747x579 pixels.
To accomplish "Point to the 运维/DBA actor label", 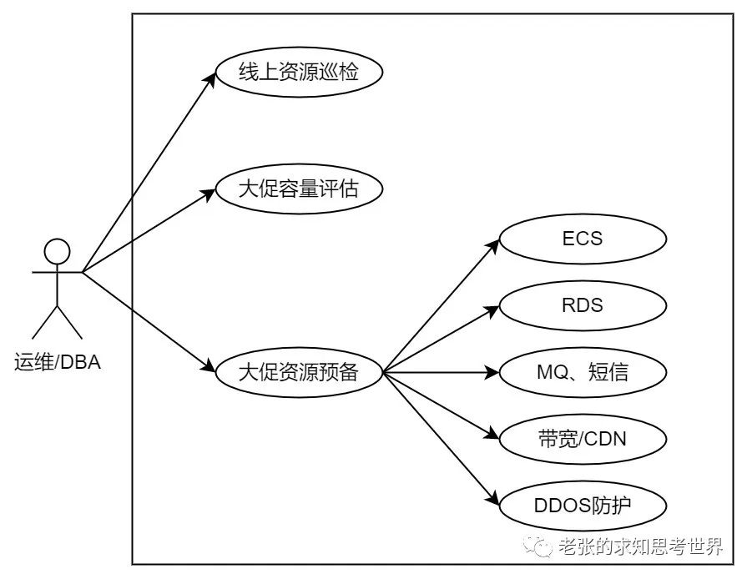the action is (57, 362).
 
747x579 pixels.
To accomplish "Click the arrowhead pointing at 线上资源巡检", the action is (210, 80).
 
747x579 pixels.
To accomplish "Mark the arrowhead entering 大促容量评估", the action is (209, 194).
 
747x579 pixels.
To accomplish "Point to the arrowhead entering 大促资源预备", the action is (209, 366).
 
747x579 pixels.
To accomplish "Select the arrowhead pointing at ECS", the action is (493, 245).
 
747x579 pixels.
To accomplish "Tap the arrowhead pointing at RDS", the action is (492, 310).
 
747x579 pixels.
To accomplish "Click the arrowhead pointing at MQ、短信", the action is (492, 372).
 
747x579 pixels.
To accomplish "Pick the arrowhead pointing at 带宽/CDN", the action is (492, 434).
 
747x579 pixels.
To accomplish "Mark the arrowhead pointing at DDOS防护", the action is (493, 498).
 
